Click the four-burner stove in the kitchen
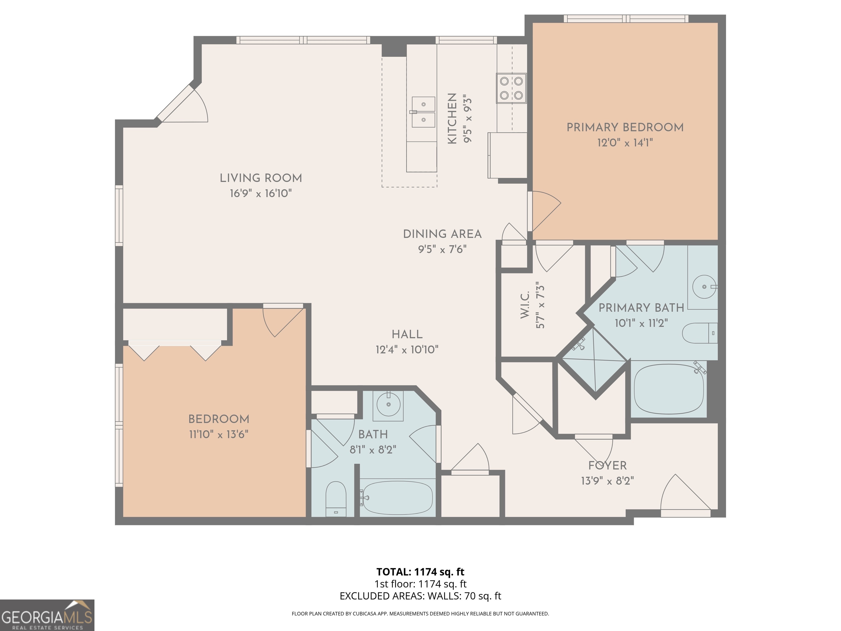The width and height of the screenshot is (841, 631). click(x=511, y=88)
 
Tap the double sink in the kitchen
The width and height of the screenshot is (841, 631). click(x=423, y=112)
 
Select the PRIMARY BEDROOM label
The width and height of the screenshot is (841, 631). click(x=625, y=127)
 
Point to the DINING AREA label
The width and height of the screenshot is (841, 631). click(x=442, y=234)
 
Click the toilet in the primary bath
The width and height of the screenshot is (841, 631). click(x=699, y=333)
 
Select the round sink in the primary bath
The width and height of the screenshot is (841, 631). click(x=704, y=287)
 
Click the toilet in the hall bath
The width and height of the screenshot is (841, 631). click(x=336, y=499)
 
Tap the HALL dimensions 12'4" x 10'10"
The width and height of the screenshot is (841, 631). click(x=407, y=349)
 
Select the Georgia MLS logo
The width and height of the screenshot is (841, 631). click(x=47, y=615)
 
